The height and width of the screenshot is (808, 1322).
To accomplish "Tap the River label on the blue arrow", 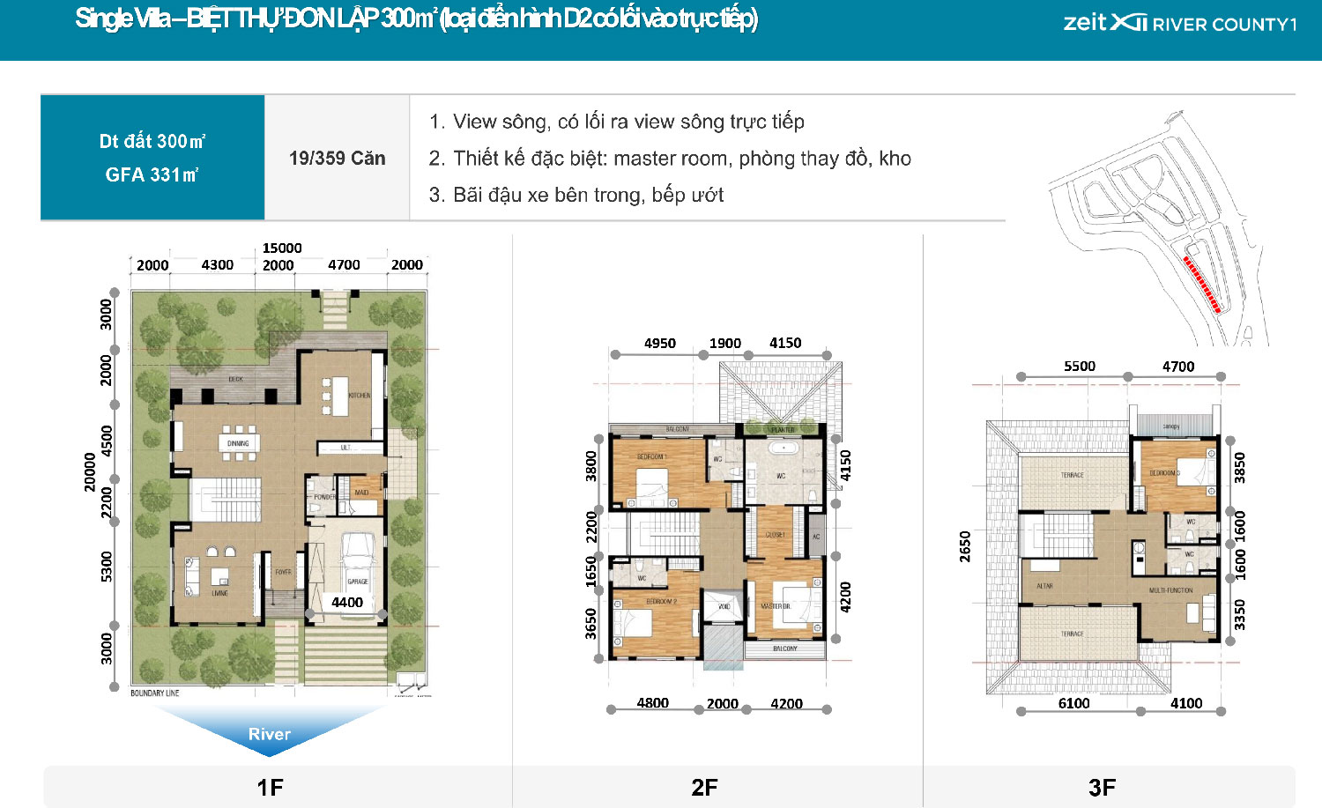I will point(269,734).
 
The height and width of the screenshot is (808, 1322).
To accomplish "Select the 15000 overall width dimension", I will point(282,248).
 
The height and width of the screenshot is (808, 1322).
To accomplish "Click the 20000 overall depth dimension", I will point(90,471).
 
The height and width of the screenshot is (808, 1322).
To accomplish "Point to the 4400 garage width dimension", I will point(347,602).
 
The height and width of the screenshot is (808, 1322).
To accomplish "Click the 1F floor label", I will point(270,787).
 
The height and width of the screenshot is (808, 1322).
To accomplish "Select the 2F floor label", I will point(704,787).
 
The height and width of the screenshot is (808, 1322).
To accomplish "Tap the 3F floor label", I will point(1102,787).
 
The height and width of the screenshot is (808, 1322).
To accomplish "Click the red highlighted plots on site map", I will point(1201,284).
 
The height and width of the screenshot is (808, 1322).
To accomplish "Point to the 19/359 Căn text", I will point(337,159).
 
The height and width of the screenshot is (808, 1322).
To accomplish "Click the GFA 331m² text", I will point(152,174).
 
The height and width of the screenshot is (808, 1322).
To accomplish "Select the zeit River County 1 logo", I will point(1179,24).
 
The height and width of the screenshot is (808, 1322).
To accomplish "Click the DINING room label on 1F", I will point(238,443).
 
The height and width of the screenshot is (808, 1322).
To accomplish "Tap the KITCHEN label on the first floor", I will point(360,396).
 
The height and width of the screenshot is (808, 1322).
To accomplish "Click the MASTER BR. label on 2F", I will point(776,606).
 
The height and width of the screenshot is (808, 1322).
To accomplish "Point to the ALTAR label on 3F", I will point(1044,586).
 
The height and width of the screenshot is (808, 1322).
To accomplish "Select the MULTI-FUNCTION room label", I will point(1170,590).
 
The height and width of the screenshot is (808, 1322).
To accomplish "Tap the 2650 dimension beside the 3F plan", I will point(965,546).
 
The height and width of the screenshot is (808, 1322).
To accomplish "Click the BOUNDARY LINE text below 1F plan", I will point(155,693).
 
